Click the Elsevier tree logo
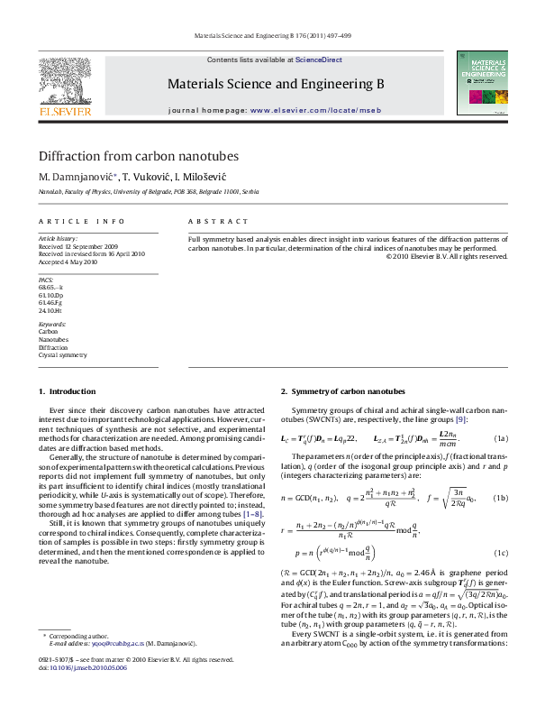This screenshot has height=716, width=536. tap(64, 78)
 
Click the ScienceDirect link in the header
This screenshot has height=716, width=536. tap(319, 60)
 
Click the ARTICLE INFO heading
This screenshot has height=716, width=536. tap(81, 221)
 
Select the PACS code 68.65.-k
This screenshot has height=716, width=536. tap(51, 287)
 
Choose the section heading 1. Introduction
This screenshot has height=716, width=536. tap(67, 391)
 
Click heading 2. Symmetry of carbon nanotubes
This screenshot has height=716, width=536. tap(342, 391)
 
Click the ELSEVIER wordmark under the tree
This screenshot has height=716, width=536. tap(64, 112)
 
